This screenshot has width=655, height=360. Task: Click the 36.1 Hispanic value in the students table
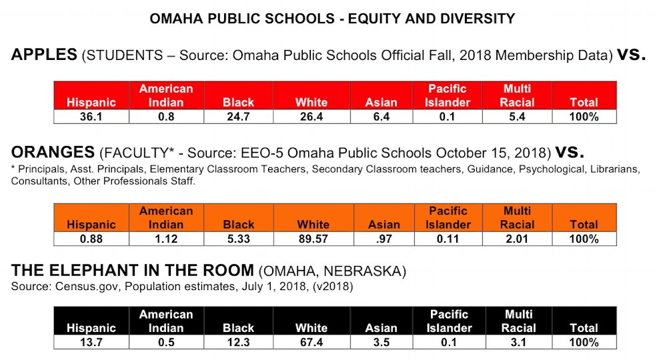click(91, 117)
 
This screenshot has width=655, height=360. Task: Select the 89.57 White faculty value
click(313, 239)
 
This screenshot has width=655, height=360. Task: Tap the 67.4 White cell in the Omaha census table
click(311, 343)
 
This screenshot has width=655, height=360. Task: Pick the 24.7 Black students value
click(239, 117)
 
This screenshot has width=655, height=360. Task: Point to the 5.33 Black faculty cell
click(239, 239)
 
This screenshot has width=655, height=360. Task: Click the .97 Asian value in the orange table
click(384, 239)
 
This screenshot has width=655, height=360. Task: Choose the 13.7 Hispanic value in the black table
click(91, 343)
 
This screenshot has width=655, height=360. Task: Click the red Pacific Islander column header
click(448, 95)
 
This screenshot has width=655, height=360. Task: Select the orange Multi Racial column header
click(517, 218)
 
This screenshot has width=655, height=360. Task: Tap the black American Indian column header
click(166, 321)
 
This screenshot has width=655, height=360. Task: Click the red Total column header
click(584, 102)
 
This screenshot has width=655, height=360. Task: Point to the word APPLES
click(44, 55)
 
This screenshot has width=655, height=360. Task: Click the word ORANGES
click(53, 153)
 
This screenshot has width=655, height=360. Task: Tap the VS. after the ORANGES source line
click(570, 153)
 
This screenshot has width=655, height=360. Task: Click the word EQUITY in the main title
click(373, 19)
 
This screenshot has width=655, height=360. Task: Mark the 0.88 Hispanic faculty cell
click(91, 239)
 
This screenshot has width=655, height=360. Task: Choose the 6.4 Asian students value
click(382, 117)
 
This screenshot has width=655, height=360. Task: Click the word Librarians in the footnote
click(614, 169)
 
